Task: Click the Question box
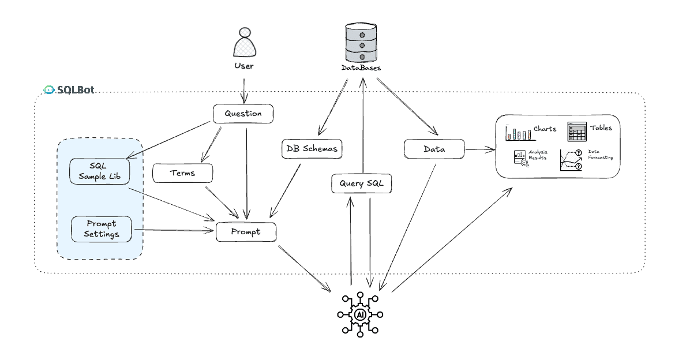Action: (x=243, y=114)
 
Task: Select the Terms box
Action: (x=182, y=173)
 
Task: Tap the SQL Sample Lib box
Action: (x=100, y=171)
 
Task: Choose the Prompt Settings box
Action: (x=102, y=229)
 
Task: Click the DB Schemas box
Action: (x=312, y=149)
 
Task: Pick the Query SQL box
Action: (x=361, y=183)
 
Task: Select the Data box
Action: (x=434, y=149)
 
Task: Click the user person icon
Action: (x=245, y=42)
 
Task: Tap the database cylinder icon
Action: (x=361, y=43)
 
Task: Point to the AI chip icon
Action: (x=360, y=314)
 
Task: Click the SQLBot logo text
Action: (x=75, y=89)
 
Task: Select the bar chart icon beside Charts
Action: (x=520, y=133)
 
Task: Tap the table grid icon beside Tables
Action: (x=577, y=132)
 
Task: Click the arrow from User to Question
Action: (x=243, y=91)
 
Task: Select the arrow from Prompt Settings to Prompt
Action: (x=174, y=230)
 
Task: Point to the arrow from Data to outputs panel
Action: (x=480, y=149)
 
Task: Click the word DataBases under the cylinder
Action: (x=361, y=68)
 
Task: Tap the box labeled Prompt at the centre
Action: (x=246, y=232)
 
